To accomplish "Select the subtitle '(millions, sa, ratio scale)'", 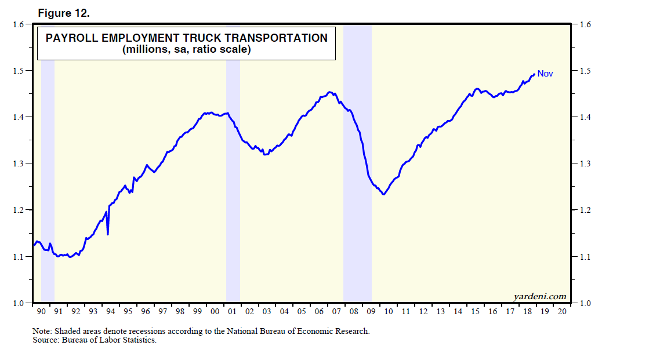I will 186,50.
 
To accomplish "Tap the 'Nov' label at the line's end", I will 545,74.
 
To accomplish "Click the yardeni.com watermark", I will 539,297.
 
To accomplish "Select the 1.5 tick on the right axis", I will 582,71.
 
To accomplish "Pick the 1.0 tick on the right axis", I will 582,303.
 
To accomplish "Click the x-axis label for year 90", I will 41,311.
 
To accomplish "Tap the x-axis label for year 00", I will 215,311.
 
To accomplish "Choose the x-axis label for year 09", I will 371,311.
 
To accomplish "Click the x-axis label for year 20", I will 562,311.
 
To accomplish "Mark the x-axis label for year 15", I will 475,311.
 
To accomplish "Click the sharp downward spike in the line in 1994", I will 108,234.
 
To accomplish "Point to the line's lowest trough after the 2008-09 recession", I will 383,194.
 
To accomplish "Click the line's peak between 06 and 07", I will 329,92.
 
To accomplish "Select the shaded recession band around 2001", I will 233,174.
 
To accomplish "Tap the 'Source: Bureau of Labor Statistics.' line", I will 95,340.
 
